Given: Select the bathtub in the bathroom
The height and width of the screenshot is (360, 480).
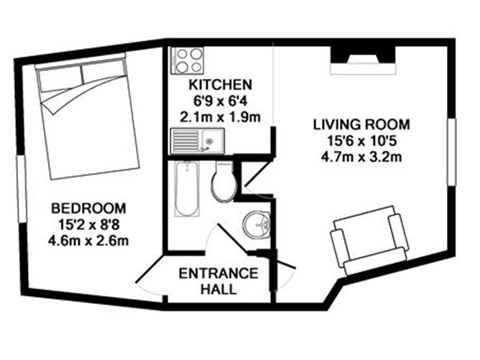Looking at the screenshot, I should [x=186, y=189].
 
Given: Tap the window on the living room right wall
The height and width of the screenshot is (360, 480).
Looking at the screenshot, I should [x=452, y=151].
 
